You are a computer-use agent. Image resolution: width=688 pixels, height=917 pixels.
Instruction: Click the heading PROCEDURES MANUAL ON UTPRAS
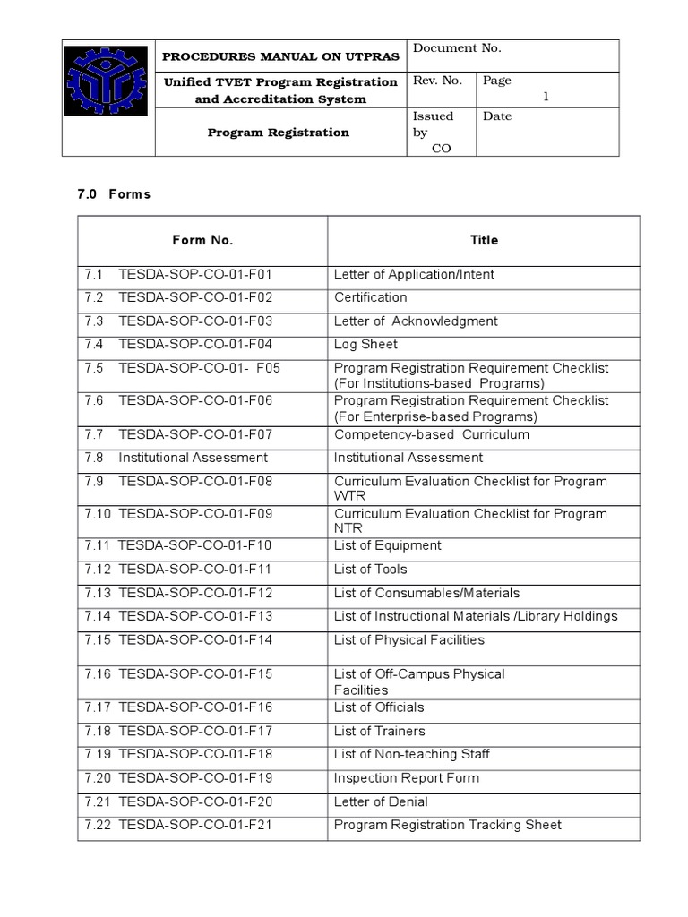pos(280,56)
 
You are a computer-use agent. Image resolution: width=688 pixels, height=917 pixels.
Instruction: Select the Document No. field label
pos(457,48)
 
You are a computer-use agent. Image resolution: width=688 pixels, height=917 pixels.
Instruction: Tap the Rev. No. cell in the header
pos(437,81)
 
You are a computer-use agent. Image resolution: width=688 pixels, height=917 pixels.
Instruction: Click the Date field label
pos(497,116)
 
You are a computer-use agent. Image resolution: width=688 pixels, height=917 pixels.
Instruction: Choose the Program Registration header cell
pos(279,133)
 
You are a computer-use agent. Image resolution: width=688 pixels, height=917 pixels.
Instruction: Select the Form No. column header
pos(202,240)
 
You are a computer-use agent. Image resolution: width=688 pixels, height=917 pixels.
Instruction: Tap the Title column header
pos(484,240)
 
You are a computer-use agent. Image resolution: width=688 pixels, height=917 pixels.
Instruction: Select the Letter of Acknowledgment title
pos(416,321)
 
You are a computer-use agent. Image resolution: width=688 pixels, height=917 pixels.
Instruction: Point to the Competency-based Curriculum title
pos(431,435)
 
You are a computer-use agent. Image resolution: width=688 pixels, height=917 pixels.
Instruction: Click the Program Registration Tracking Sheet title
pos(447,825)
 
